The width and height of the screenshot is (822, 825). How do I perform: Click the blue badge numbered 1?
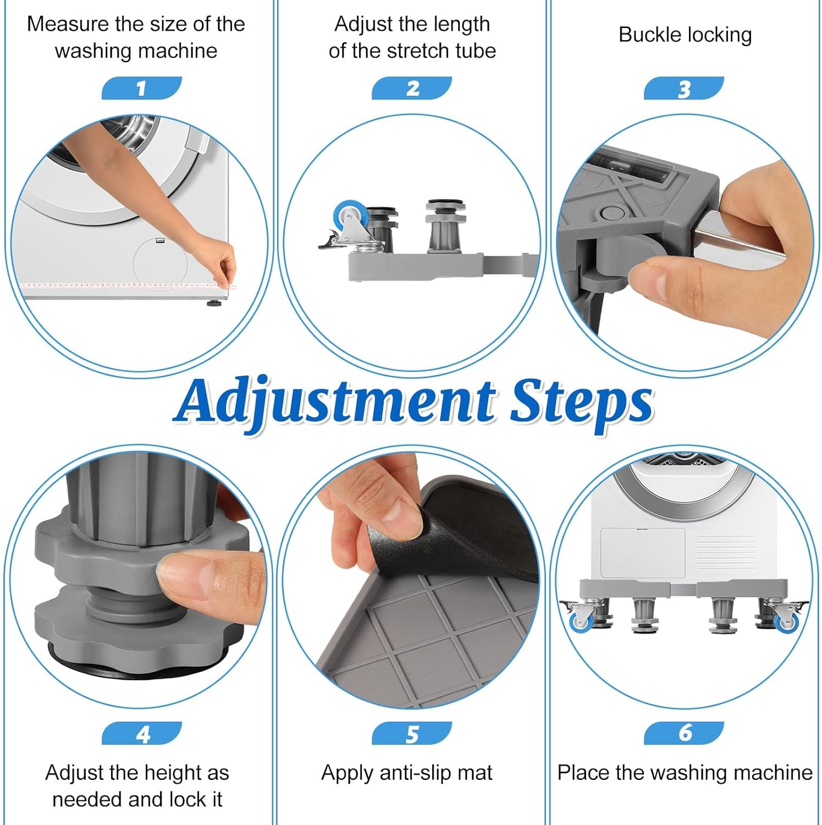click(141, 88)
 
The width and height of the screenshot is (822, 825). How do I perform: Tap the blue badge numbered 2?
click(412, 88)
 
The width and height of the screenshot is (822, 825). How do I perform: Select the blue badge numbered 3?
click(684, 88)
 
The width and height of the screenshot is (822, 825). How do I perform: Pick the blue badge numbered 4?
click(142, 733)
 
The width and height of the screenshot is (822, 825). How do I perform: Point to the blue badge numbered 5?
click(412, 733)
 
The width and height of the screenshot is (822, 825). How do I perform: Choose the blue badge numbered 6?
click(684, 733)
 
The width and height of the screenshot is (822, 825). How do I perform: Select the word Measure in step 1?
click(68, 24)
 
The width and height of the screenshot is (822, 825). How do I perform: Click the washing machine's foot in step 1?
click(214, 302)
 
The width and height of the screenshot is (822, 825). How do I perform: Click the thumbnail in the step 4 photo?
click(182, 571)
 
